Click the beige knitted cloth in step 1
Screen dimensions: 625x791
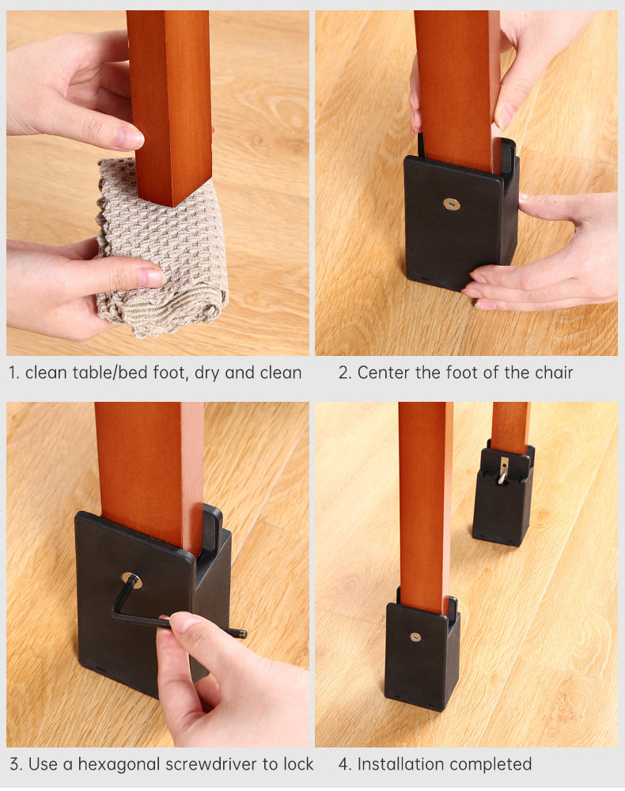click(161, 252)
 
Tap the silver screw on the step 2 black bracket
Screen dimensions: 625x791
click(452, 204)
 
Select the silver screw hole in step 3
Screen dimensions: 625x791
click(131, 580)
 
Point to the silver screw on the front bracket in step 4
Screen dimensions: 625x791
click(415, 637)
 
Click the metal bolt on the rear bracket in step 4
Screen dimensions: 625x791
click(503, 470)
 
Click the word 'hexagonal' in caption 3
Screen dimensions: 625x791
click(119, 765)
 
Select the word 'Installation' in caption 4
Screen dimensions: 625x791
click(398, 764)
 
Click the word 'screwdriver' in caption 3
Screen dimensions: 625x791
click(211, 764)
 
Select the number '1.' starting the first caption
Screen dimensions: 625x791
click(14, 373)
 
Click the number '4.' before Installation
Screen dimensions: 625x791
click(345, 764)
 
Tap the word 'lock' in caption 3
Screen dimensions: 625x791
click(298, 764)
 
